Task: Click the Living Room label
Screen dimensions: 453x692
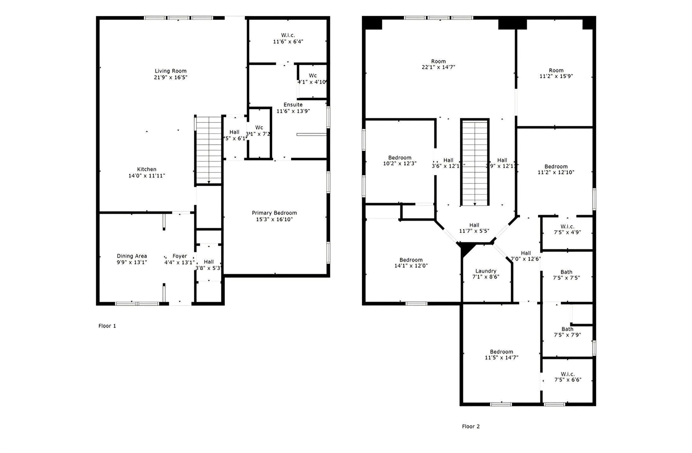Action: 170,71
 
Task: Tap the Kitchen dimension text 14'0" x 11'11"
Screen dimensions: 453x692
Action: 146,176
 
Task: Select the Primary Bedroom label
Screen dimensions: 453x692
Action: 274,213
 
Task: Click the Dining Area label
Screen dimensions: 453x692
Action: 132,256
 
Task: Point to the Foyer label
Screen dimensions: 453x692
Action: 180,256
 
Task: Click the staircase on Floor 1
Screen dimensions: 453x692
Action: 209,150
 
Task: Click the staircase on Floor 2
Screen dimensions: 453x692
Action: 475,163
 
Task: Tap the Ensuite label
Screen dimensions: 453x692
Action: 293,105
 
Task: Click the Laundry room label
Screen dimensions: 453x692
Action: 486,271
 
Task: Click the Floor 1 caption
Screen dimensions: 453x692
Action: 107,326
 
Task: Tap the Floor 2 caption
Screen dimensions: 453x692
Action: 471,426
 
